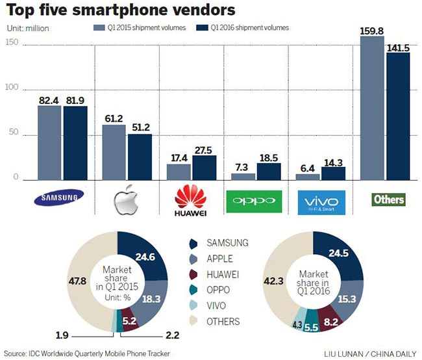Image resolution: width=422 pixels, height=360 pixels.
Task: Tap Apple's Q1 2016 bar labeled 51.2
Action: coord(140,157)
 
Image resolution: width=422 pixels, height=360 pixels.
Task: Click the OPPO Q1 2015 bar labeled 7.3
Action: coord(243,176)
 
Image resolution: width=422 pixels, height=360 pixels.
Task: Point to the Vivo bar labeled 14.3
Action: coord(333,173)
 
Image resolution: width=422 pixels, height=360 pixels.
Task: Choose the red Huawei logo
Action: coord(191,199)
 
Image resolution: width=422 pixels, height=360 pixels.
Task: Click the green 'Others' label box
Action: coord(388,199)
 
